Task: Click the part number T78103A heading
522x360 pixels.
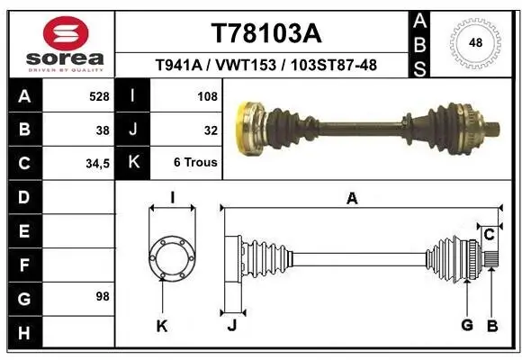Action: coord(265,33)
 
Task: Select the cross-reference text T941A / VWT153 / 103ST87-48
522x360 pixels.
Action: coord(265,66)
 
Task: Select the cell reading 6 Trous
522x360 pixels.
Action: coord(195,164)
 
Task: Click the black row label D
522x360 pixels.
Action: coord(23,196)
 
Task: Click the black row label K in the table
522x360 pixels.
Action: coord(132,164)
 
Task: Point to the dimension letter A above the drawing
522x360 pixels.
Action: coord(352,199)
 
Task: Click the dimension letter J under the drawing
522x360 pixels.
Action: coord(231,325)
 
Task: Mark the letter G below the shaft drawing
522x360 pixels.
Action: coord(467,325)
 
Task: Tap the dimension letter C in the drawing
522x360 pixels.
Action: coord(490,235)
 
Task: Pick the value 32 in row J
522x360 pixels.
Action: coord(211,130)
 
